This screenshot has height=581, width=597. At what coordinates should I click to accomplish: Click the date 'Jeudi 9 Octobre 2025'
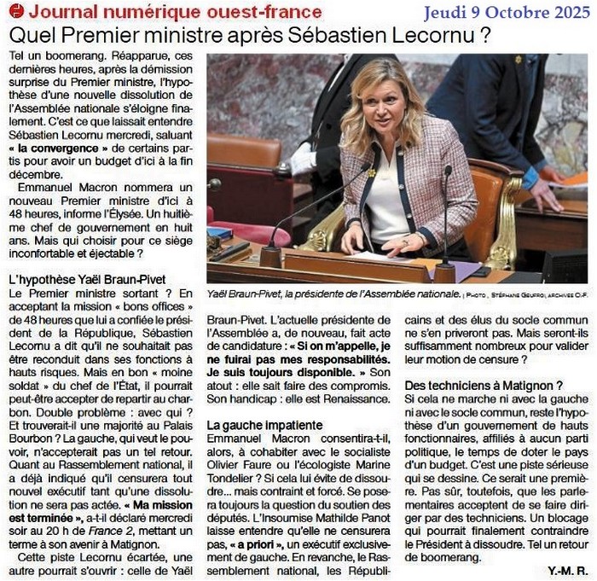(x=507, y=13)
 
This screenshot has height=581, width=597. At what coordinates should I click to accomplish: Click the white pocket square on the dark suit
(x=304, y=159)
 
